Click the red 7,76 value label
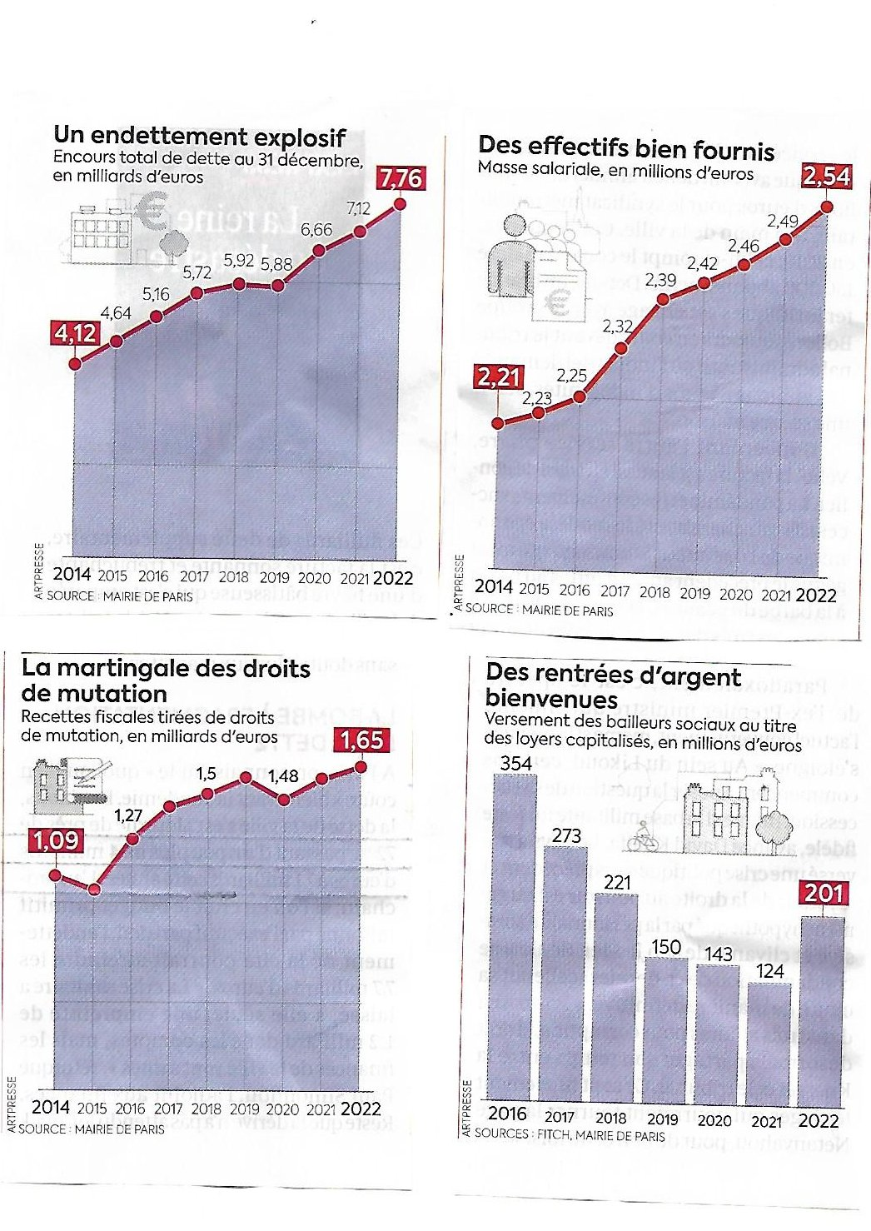click(x=401, y=178)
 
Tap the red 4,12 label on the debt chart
click(x=76, y=334)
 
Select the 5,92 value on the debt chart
click(x=238, y=261)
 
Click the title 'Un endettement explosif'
click(x=200, y=136)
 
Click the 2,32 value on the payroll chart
click(x=618, y=326)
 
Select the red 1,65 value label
click(x=361, y=740)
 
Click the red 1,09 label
click(x=56, y=840)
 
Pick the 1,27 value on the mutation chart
click(x=128, y=815)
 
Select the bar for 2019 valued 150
click(x=665, y=1029)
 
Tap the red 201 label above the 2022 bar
click(x=824, y=894)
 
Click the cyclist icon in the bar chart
click(x=642, y=838)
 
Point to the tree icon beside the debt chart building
click(x=174, y=241)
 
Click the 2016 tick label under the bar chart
click(x=507, y=1114)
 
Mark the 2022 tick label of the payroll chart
click(x=816, y=595)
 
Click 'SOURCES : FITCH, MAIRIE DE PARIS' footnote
click(x=570, y=1135)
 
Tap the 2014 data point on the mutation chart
click(x=55, y=875)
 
